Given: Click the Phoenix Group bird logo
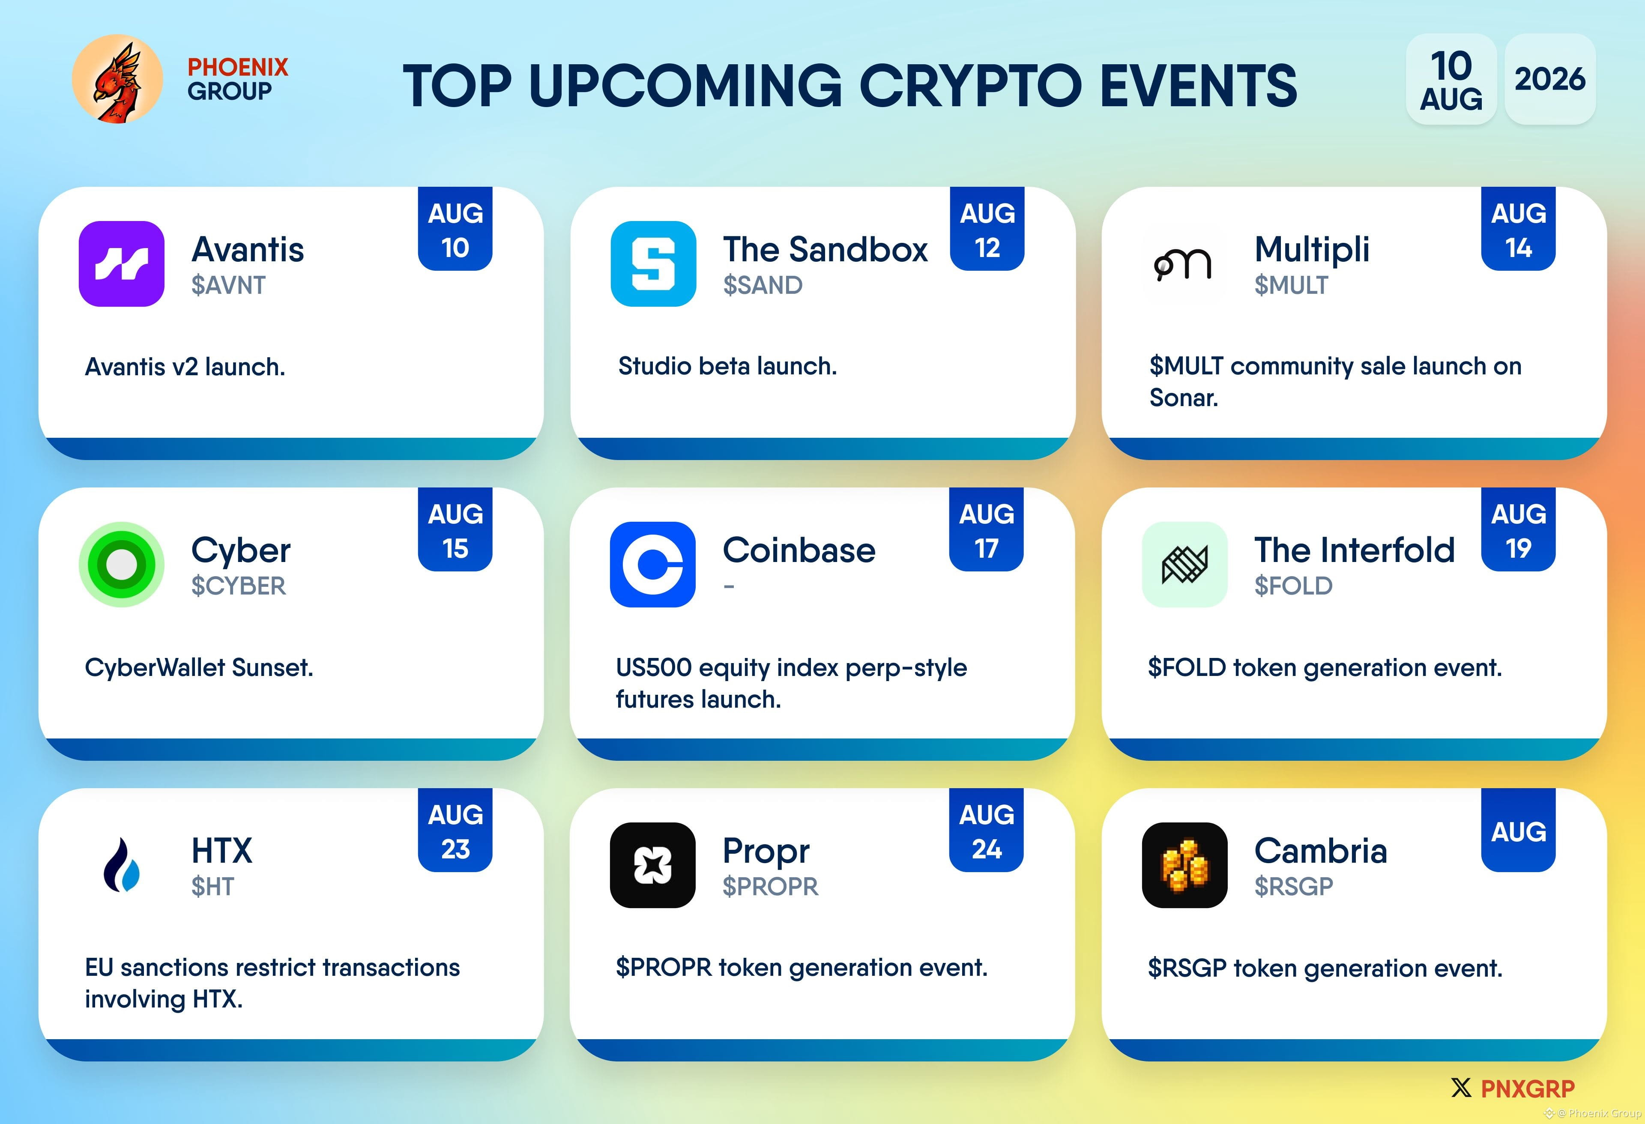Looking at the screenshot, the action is coord(117,78).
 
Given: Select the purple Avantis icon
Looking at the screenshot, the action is coord(122,263).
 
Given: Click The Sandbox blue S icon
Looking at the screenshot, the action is coord(653,263).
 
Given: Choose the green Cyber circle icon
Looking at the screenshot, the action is coord(122,564).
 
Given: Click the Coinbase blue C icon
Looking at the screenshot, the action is coord(652,564).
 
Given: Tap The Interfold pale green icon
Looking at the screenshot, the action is coord(1184,564).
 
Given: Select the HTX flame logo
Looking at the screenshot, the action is coord(122,865).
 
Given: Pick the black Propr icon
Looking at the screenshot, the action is coord(652,865).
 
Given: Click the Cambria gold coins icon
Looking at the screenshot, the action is coord(1184,865).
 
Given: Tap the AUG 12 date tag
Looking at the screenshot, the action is coord(987,229).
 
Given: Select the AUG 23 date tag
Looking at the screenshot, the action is coord(455,830).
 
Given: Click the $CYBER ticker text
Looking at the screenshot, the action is coord(239,586).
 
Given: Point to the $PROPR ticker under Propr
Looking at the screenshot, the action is coord(770,886).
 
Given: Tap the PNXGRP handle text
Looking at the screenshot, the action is coord(1528,1088).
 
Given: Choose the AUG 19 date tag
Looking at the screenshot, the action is coord(1518,529).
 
